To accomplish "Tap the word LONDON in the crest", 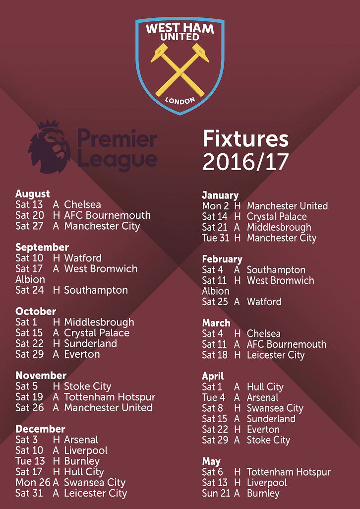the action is tap(180, 100).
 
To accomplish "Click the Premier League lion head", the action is tap(49, 147).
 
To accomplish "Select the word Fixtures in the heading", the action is tap(245, 139).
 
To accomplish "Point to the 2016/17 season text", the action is tap(245, 162).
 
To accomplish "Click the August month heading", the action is tap(33, 194).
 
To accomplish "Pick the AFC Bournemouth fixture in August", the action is tap(107, 215).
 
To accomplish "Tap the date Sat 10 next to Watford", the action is tap(30, 258).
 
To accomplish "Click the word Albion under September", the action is tap(30, 279).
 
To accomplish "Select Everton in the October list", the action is tap(82, 354).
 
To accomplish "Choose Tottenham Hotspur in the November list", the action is tap(110, 397).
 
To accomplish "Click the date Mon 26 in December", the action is tap(33, 482).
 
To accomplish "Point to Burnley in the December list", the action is tap(82, 461).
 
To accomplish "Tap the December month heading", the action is tap(40, 429).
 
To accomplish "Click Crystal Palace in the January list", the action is tap(277, 217).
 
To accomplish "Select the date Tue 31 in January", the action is tap(216, 238).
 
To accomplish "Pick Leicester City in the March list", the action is tap(276, 355).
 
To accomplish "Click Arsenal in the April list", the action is tap(263, 398).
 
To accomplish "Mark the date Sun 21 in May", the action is tap(216, 494).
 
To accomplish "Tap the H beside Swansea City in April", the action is tap(238, 408).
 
